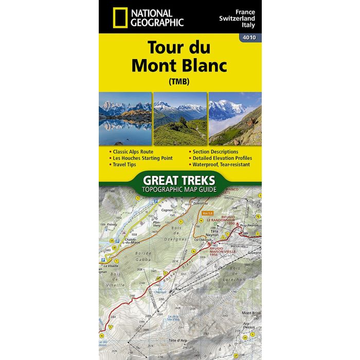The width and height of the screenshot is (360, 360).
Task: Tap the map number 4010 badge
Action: pyautogui.click(x=250, y=37)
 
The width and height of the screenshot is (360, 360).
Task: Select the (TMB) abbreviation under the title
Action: pyautogui.click(x=179, y=82)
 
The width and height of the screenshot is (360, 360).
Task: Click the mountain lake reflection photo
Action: pyautogui.click(x=125, y=118)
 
